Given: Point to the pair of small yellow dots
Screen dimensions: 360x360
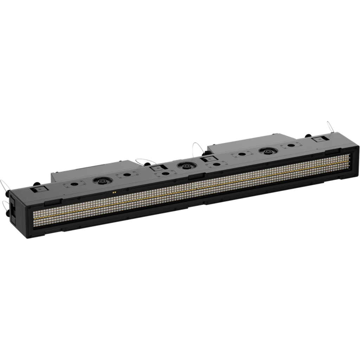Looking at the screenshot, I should coord(114,193).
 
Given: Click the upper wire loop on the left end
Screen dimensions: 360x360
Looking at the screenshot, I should coord(5,184).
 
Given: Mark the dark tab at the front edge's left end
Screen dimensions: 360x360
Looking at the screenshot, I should coord(53,202).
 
